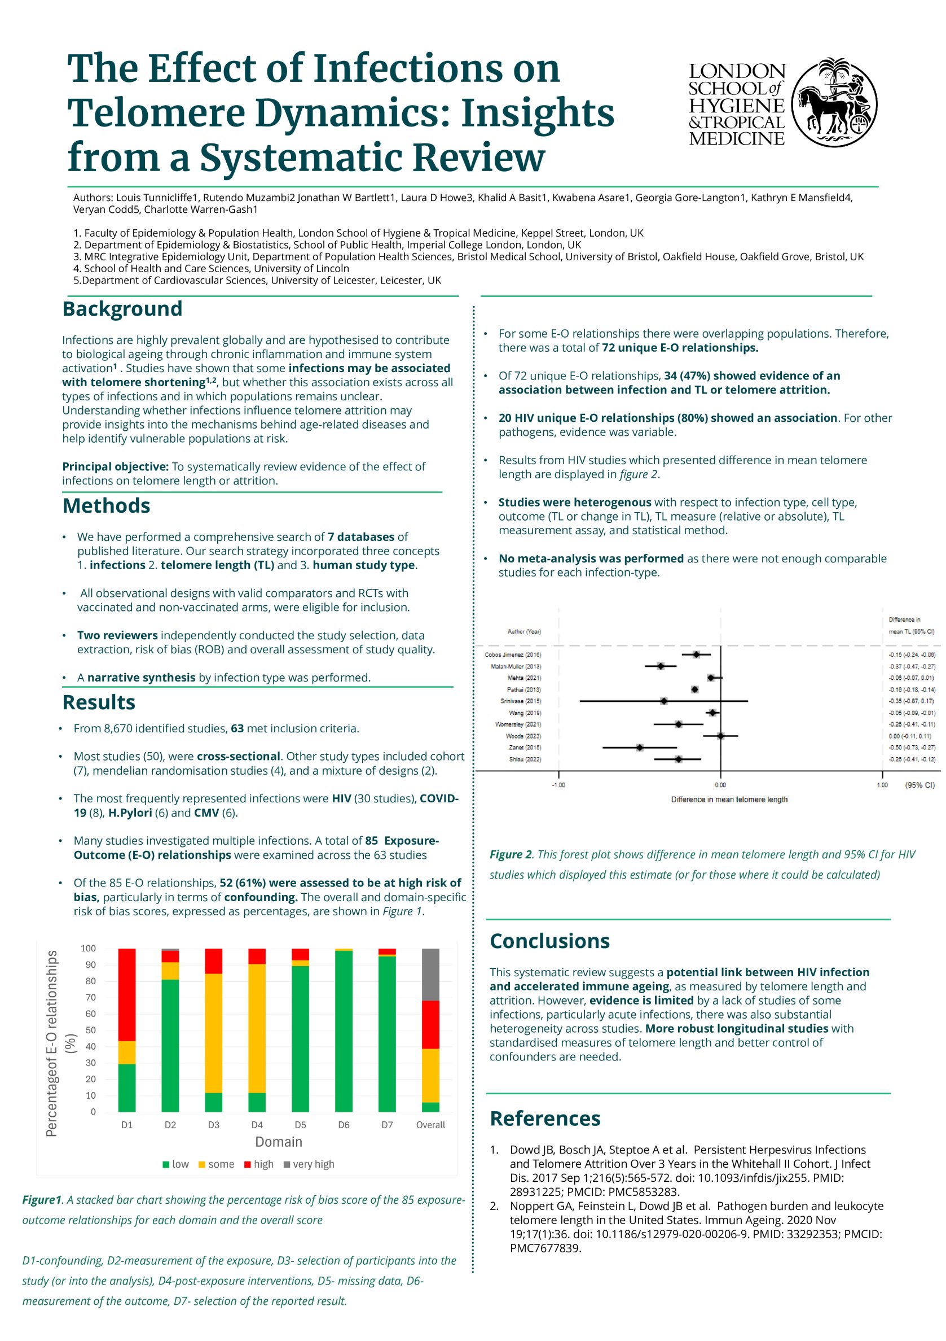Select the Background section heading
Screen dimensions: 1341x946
122,308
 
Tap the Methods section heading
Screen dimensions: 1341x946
105,505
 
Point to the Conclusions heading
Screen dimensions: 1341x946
549,941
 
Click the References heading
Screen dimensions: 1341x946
544,1118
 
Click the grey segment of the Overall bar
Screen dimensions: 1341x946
430,973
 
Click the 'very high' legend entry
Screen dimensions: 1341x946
309,1164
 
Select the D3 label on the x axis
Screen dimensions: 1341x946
214,1124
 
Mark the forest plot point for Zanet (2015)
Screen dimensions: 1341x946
640,748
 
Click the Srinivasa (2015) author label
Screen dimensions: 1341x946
520,701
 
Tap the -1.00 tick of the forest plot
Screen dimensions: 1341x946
558,785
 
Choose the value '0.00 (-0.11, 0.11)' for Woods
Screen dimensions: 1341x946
910,736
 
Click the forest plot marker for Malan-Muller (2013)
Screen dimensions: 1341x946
660,666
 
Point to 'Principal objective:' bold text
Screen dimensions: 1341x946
115,466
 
